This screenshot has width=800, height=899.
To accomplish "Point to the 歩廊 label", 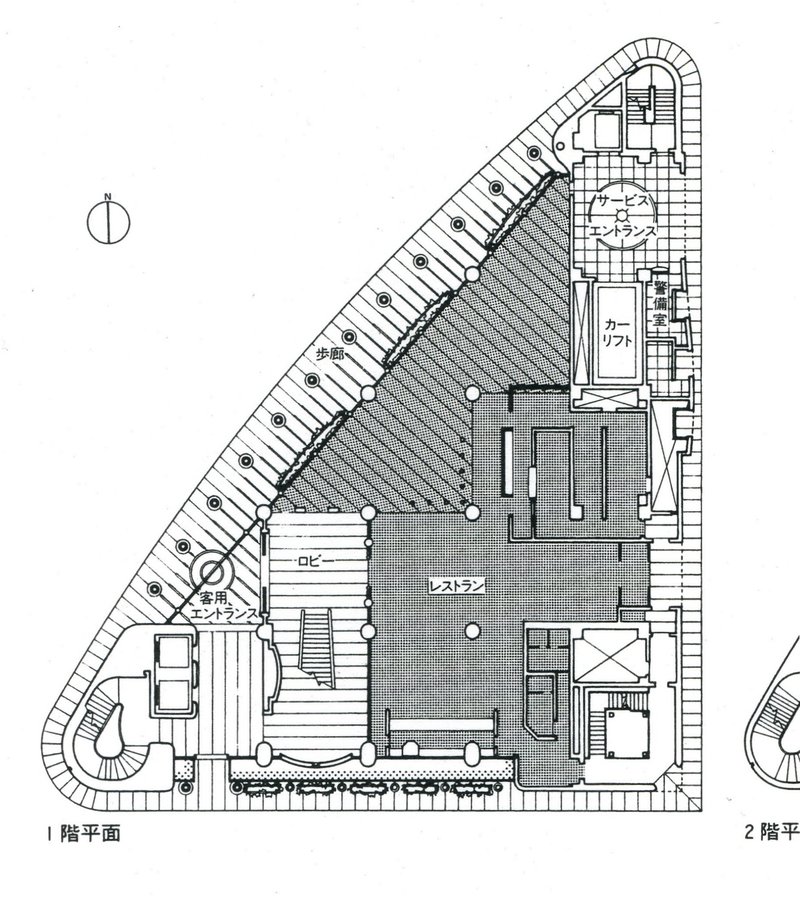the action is [330, 354].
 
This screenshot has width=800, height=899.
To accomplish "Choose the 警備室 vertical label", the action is [659, 303].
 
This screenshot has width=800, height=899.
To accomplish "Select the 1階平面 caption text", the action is [84, 859].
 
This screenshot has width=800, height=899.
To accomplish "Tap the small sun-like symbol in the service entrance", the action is [622, 216].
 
